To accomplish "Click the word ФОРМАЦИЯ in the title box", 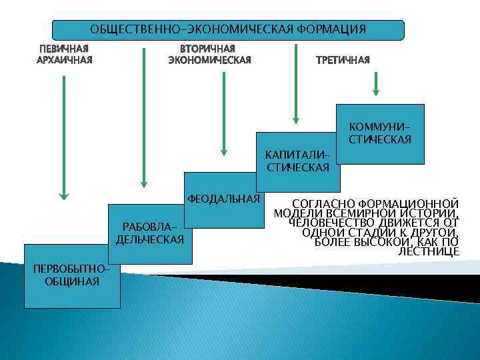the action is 332,30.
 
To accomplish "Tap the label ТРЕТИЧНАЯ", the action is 342,61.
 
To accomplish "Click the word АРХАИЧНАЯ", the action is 64,60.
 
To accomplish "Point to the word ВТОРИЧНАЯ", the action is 209,49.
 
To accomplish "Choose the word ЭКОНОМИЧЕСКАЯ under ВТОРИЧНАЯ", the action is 209,61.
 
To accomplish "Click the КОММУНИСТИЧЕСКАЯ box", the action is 380,133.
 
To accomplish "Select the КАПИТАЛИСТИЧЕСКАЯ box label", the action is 298,161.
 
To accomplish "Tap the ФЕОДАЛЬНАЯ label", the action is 223,199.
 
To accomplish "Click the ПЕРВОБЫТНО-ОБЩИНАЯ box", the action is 72,275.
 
